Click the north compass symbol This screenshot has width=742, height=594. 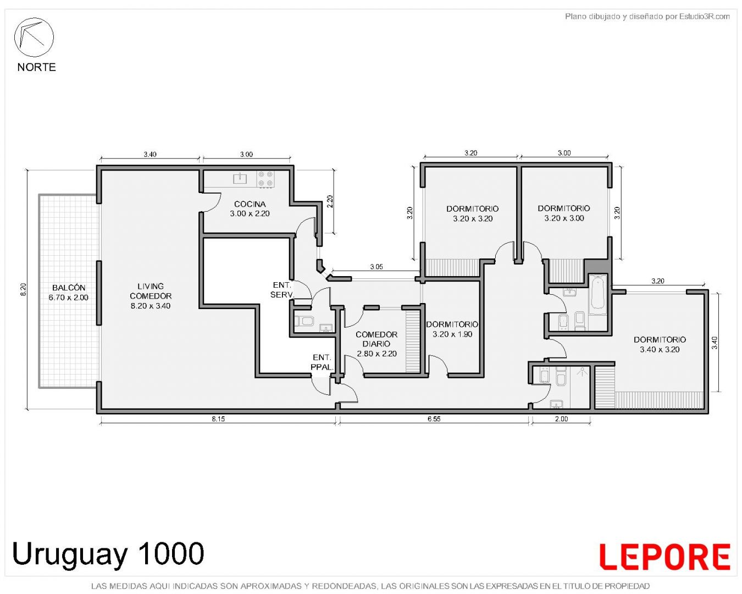pos(34,37)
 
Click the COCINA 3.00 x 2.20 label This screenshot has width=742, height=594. pos(250,209)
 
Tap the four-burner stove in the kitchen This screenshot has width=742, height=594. pos(265,179)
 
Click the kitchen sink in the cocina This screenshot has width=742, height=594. pos(240,178)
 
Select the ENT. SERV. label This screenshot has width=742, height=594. pos(283,290)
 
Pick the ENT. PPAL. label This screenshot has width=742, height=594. pos(322,362)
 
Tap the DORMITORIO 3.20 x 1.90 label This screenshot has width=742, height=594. pos(452,329)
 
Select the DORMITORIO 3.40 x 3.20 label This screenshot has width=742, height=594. pos(660,344)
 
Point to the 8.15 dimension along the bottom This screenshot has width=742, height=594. pos(218,419)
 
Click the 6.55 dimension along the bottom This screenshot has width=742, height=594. pos(434,419)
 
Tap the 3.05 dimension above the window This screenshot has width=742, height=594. pos(376,267)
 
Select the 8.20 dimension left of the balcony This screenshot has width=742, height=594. pos(23,289)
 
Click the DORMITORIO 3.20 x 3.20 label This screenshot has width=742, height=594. pos(472,213)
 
